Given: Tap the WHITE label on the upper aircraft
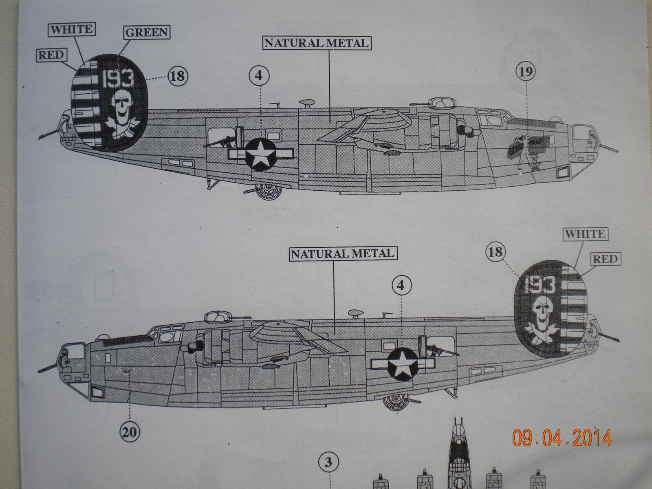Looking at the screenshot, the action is coord(71,29).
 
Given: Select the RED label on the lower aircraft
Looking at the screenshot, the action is coord(605,259).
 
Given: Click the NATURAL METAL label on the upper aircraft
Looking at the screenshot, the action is coord(317,42).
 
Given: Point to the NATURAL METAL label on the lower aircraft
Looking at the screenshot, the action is coord(342,253).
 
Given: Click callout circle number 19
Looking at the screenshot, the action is coord(526,72).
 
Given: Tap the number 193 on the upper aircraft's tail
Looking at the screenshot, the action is coord(118,79).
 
